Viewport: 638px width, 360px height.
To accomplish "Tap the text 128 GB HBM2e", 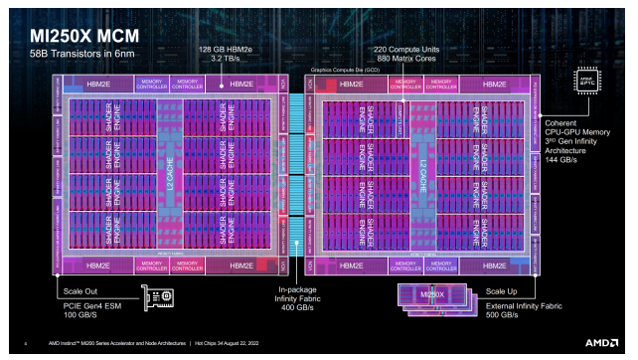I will (216, 50).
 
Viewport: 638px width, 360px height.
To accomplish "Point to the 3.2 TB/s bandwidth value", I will (216, 60).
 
